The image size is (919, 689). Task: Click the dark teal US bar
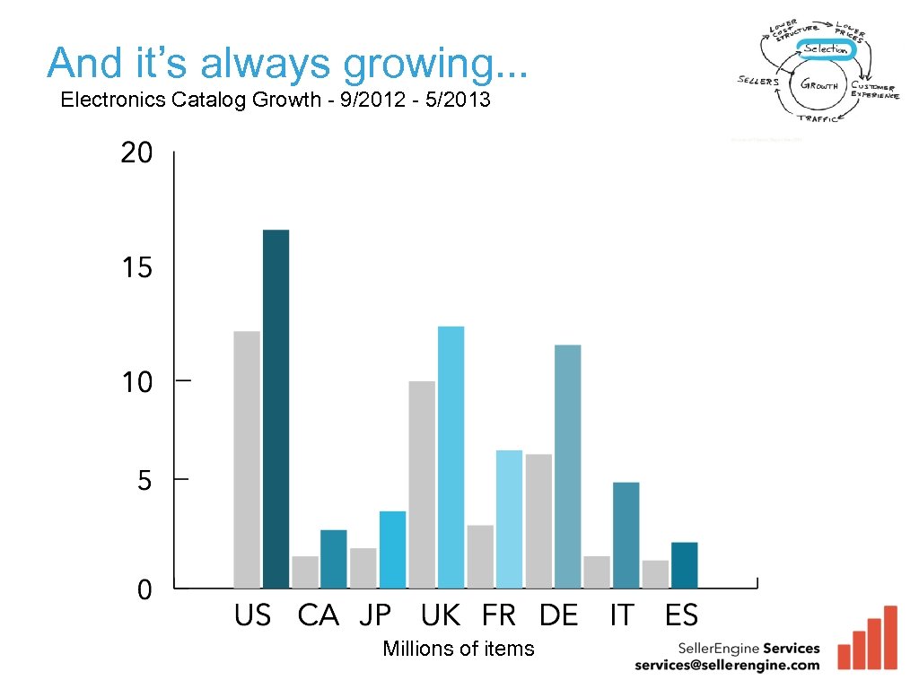tap(276, 409)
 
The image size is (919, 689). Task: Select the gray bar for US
tap(247, 459)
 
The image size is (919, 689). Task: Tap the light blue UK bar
tap(451, 457)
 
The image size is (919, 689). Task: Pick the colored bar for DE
tap(567, 467)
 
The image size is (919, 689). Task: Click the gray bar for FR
tap(480, 556)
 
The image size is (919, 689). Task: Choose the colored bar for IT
tap(626, 535)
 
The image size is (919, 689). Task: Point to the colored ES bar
tap(684, 565)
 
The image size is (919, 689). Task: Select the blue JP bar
tap(392, 549)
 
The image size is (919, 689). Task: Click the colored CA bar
tap(334, 559)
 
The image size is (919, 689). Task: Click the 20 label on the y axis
tap(136, 153)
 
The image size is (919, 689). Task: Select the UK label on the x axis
tap(440, 615)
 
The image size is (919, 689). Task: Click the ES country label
tap(681, 615)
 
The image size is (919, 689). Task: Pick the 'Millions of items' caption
tap(458, 649)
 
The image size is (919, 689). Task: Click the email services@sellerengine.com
tap(727, 665)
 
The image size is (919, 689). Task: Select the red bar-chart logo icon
tap(867, 639)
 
